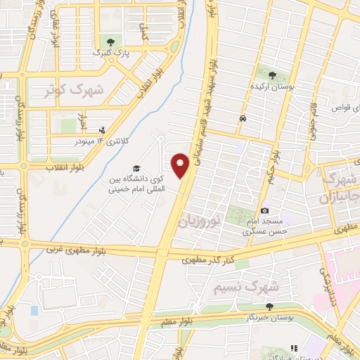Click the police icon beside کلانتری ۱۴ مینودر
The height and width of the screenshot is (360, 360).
(x=103, y=130)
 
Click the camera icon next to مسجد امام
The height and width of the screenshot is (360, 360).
(x=264, y=210)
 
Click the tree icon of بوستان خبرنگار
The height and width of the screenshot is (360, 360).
(x=269, y=306)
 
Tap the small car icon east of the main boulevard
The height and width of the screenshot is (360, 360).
(x=243, y=119)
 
